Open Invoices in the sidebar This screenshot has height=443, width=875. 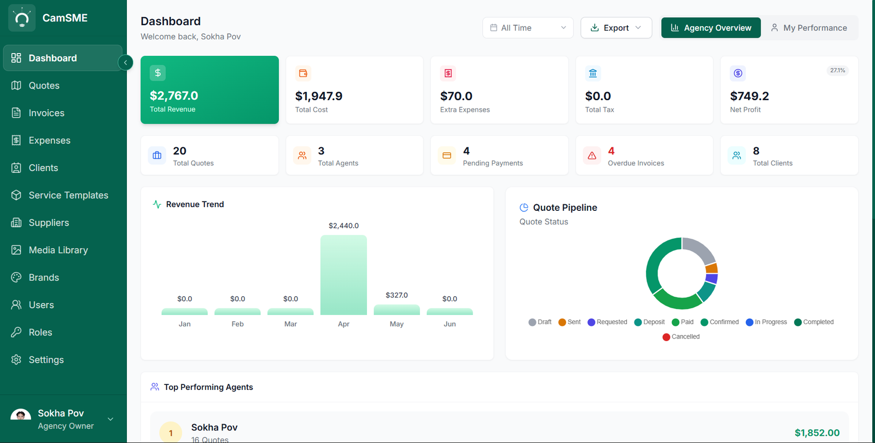coord(46,113)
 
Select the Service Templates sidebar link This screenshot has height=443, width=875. coord(68,195)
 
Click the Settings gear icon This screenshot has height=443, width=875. coord(16,360)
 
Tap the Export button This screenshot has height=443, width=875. coord(616,28)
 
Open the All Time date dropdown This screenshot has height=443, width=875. coord(528,28)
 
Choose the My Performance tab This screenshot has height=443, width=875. coord(809,28)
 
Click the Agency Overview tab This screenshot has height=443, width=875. coord(711,28)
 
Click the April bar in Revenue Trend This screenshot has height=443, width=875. coord(343,275)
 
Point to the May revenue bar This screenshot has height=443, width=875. coord(396,310)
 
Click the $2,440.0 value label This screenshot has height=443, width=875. coord(343,226)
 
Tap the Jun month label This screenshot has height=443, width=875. coord(450,324)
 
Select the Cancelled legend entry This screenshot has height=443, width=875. coord(681,337)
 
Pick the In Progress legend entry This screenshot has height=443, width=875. coord(766,322)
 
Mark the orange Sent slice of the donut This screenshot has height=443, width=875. coord(711,268)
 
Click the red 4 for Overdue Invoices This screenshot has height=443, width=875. coord(611,151)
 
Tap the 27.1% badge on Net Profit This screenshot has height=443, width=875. coord(837,71)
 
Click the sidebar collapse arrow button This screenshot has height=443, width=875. coord(125,62)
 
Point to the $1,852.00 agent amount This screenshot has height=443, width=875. coord(817,433)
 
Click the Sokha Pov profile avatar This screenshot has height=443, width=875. coord(21,415)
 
